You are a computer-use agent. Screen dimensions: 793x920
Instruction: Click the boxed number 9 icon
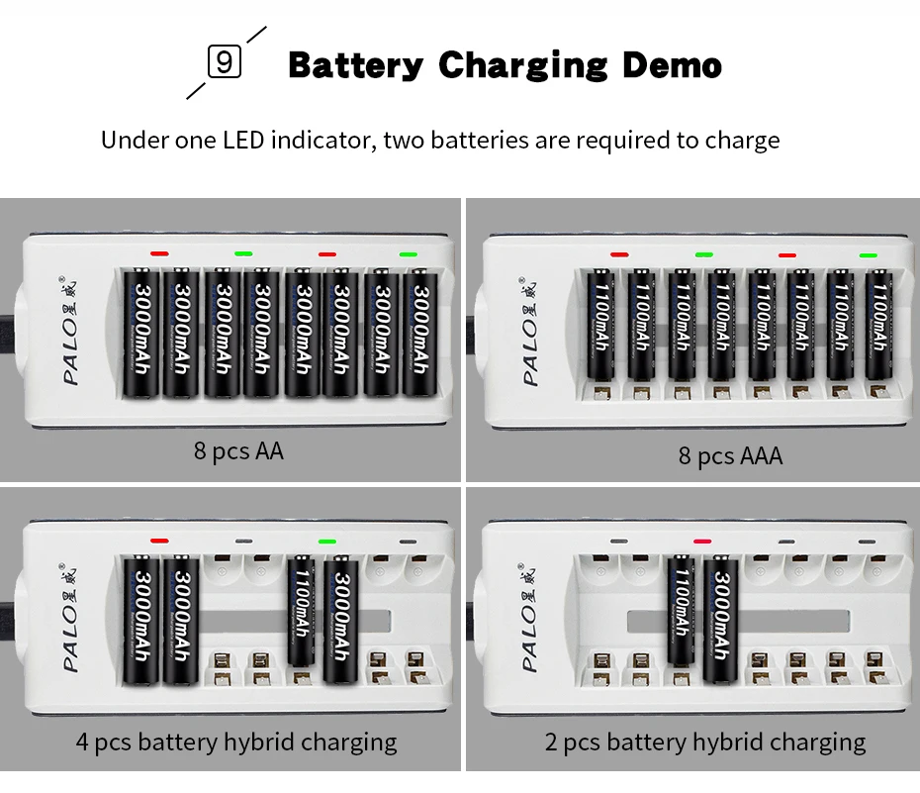pos(225,63)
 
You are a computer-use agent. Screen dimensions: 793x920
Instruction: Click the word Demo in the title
pos(672,65)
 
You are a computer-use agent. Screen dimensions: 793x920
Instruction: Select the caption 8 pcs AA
pos(238,451)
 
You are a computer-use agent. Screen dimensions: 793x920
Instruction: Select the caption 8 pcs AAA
pos(730,455)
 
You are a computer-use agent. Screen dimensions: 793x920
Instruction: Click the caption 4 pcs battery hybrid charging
pos(236,742)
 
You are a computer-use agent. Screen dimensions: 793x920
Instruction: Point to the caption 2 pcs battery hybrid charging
pos(705,742)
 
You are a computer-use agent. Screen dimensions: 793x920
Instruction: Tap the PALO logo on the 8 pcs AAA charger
pos(530,332)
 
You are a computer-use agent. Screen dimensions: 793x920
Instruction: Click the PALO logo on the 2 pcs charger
pos(530,620)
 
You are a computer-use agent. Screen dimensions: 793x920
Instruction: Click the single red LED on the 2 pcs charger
pos(702,542)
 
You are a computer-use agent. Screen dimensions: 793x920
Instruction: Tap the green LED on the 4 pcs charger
pos(327,542)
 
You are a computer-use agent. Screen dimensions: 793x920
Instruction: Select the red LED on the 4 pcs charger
pos(159,542)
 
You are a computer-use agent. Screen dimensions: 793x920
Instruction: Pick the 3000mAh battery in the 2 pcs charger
pos(722,619)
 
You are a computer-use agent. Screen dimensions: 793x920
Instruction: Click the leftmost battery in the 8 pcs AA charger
pos(140,332)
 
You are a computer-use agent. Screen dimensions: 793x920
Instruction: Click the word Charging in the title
pos(522,65)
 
